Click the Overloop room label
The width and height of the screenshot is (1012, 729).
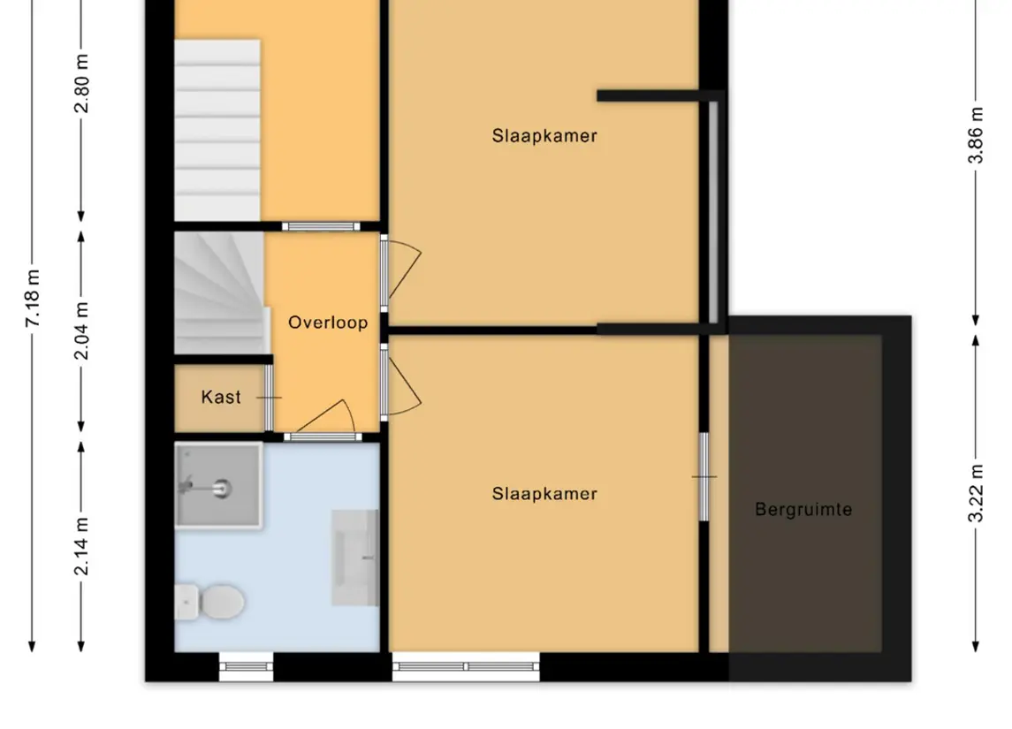point(328,323)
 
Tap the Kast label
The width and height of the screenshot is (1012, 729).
point(221,397)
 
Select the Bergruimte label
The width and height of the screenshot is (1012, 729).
point(803,510)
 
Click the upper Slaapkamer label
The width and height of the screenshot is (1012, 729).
point(544,136)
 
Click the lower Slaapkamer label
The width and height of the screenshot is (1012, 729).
point(544,494)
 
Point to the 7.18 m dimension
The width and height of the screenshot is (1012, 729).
point(33,298)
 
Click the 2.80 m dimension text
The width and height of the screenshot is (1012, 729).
point(82,84)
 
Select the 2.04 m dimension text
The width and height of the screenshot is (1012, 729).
point(82,330)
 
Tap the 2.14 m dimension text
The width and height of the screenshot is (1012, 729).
point(82,546)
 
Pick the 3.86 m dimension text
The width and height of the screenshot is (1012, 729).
point(976,135)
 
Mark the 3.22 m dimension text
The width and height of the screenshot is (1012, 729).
point(976,493)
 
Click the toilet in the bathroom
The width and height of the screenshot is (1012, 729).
point(209,603)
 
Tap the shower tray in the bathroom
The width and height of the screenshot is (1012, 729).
point(218,486)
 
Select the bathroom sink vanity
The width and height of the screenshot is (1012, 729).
point(355,558)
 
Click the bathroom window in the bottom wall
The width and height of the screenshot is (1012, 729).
point(246,666)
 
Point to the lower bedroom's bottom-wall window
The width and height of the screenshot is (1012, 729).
point(466,666)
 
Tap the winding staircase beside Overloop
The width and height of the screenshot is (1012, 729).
point(219,292)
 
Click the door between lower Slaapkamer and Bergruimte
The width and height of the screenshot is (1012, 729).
point(704,477)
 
